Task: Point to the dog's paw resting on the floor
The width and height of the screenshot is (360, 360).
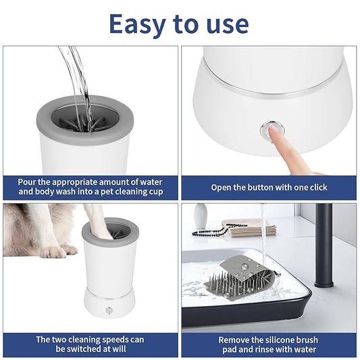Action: pyautogui.click(x=55, y=251)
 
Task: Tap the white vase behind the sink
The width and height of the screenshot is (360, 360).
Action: pyautogui.click(x=201, y=217)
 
